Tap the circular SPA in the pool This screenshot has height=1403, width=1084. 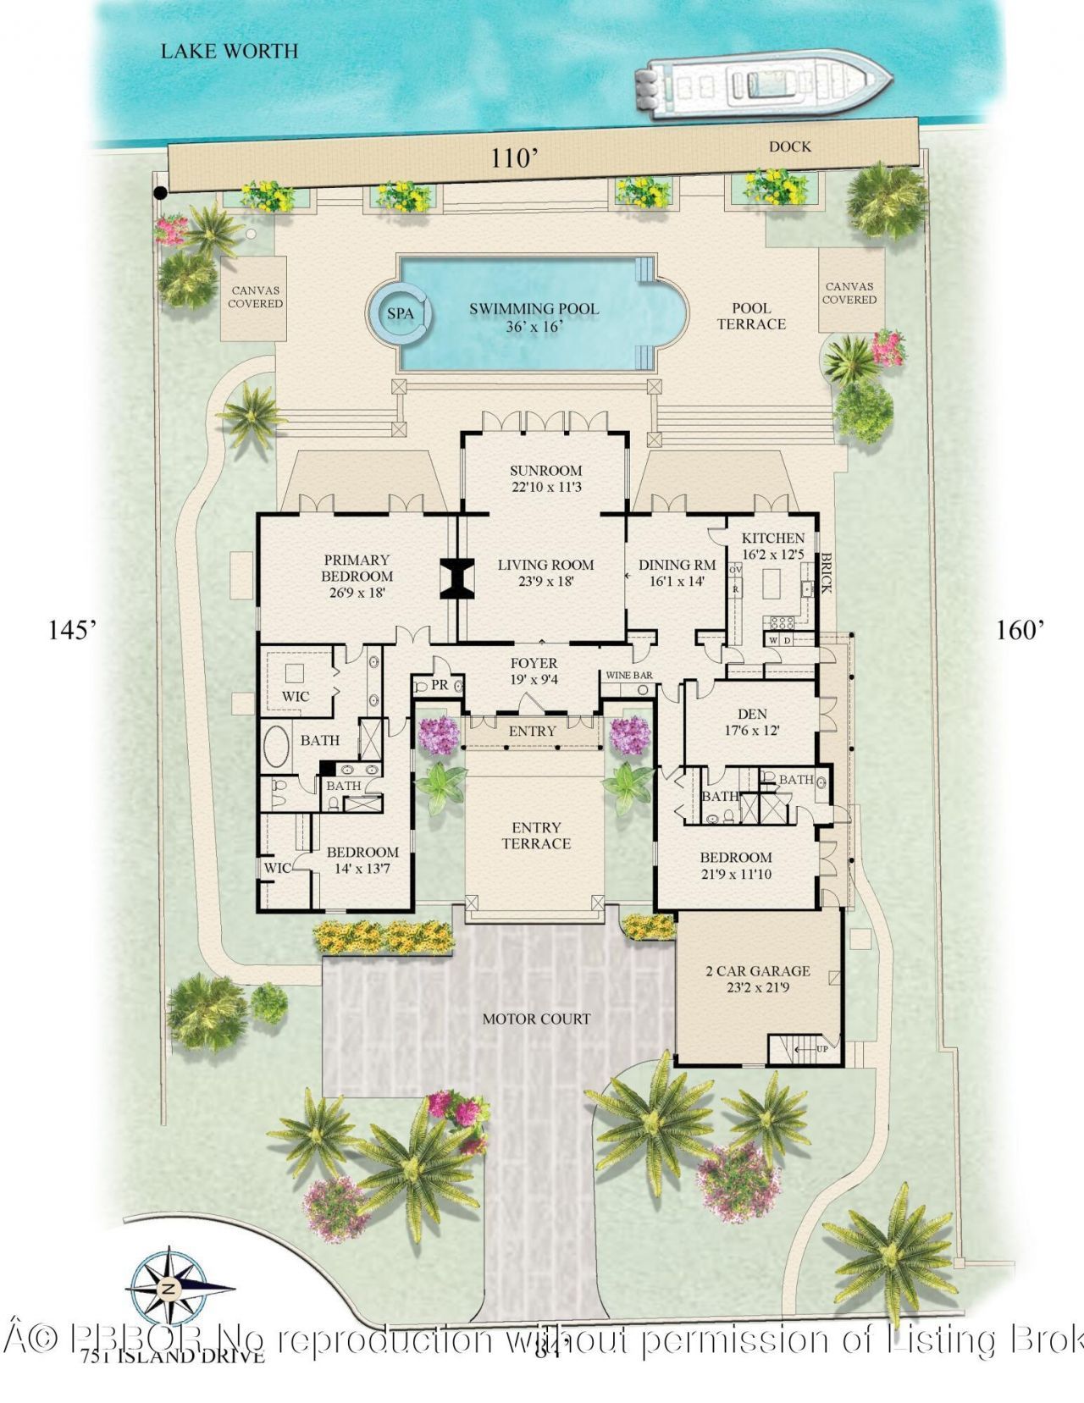point(400,313)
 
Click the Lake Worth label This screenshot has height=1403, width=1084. point(230,52)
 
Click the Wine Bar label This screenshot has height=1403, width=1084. point(628,676)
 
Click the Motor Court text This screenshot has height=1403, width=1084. point(536,1019)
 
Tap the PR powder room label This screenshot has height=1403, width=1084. point(439,684)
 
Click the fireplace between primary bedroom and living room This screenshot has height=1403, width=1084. point(456,579)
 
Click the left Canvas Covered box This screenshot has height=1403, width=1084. point(255,298)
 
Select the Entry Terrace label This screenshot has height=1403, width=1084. point(536,836)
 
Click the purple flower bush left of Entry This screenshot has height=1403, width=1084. point(438,734)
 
